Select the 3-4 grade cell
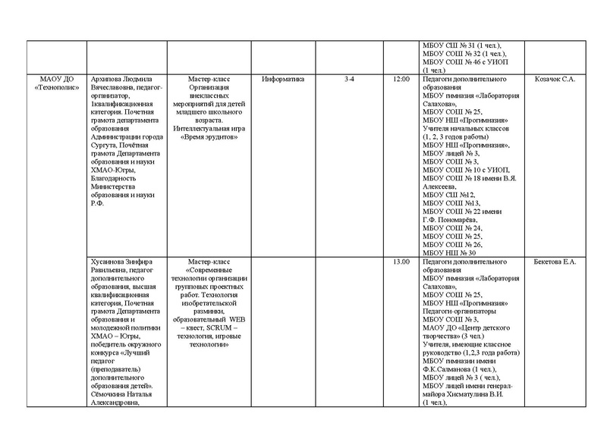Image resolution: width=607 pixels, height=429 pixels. coord(348,79)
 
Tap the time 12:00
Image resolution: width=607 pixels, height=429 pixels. coord(401,79)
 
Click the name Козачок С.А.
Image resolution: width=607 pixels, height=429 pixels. coord(555,79)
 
